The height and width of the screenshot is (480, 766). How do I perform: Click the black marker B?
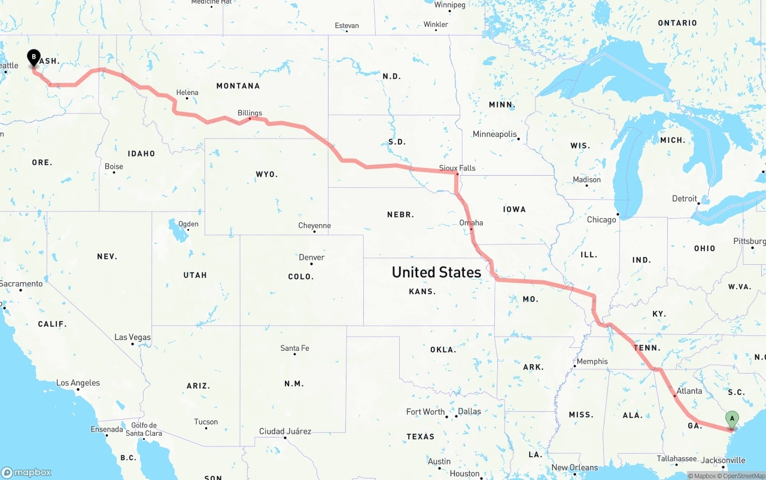[x=34, y=58]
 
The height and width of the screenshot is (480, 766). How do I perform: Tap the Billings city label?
[x=250, y=112]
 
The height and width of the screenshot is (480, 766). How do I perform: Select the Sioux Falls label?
[x=457, y=168]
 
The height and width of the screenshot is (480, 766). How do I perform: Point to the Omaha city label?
[x=471, y=223]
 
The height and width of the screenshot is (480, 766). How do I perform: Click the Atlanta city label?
[x=689, y=391]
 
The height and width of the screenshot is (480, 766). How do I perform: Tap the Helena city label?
[x=187, y=93]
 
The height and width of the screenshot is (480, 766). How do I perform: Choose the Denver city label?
[x=312, y=257]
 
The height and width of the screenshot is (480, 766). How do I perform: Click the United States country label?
[x=436, y=272]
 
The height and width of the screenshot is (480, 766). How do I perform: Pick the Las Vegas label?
[x=133, y=337]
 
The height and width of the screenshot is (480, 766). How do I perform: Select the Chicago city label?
[x=601, y=219]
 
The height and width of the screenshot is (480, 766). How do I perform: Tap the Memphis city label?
[x=592, y=361]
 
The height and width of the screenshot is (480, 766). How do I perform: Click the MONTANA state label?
[x=238, y=86]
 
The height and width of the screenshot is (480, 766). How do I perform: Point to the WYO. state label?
[x=267, y=175]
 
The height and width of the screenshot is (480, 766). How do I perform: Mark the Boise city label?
[x=114, y=166]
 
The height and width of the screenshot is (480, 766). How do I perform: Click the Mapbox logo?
[x=26, y=472]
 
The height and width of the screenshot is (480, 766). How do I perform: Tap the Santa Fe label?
[x=294, y=348]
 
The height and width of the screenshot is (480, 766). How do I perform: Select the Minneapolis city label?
[x=494, y=134]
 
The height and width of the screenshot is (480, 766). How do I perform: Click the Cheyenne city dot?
[x=314, y=231]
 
